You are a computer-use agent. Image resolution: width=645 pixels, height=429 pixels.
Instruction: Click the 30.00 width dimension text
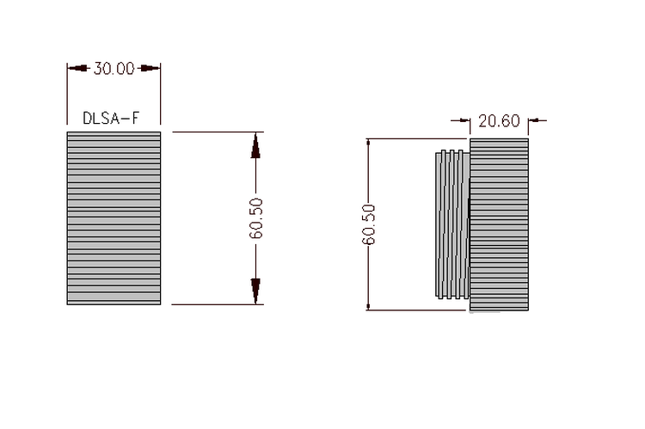point(114,68)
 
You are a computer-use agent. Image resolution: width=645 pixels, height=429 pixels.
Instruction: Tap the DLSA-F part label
point(111,119)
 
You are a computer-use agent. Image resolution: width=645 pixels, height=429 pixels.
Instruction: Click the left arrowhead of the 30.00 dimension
point(78,68)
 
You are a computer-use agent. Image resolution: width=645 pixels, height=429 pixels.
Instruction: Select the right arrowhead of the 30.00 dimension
point(150,68)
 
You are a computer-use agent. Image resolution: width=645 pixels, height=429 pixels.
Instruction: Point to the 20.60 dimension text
point(499,121)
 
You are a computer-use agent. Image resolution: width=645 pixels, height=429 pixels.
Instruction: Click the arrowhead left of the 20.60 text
point(464,120)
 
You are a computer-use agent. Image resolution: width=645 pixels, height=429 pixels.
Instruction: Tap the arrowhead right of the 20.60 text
point(533,120)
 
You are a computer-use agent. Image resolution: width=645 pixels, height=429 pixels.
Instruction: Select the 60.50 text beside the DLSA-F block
point(256,218)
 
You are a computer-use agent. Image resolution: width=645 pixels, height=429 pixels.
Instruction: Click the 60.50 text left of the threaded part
point(369,224)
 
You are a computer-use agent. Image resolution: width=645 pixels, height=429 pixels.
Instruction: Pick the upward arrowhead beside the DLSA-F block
point(255,145)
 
